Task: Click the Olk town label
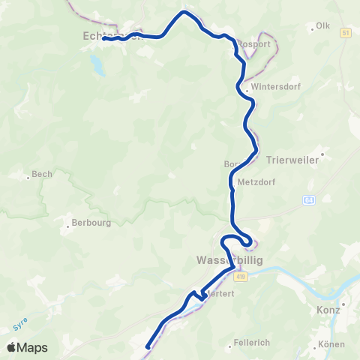323,26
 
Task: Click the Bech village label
42,175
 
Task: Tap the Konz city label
328,309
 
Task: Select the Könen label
331,344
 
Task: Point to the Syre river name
20,324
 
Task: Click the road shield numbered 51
345,34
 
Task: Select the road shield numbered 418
240,277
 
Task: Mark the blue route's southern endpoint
148,346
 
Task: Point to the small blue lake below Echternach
97,64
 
